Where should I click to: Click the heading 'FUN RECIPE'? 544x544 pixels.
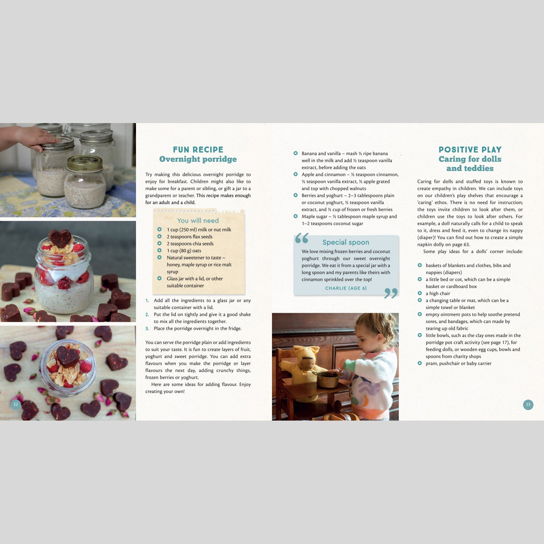click(198, 150)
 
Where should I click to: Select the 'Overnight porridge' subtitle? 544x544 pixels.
click(198, 159)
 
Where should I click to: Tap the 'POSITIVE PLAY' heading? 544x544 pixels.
click(470, 150)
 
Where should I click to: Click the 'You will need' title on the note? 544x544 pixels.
click(198, 221)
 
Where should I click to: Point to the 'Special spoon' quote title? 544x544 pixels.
click(346, 242)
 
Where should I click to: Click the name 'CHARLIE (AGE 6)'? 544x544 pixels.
click(346, 288)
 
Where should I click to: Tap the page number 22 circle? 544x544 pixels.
click(16, 404)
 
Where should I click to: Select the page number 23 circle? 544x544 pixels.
click(528, 404)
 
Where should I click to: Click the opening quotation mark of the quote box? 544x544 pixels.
click(302, 238)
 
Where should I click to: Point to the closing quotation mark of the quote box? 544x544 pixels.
click(391, 293)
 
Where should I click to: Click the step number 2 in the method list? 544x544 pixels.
click(147, 314)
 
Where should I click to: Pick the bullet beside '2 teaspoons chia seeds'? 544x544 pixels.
click(159, 243)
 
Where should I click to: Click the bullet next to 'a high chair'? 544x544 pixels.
click(420, 293)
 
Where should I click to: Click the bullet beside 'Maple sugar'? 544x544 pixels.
click(295, 216)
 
